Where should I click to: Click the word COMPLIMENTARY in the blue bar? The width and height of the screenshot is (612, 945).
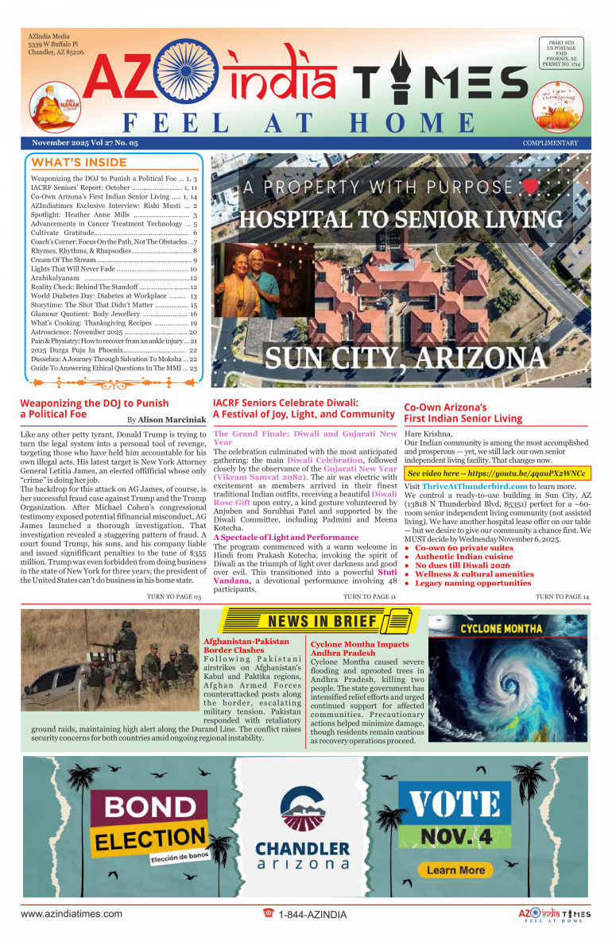point(550,143)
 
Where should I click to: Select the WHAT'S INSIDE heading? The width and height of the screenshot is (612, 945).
point(68,163)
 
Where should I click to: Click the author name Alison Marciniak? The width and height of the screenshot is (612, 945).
point(172,418)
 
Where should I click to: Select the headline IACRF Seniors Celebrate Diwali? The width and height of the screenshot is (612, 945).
point(286,403)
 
